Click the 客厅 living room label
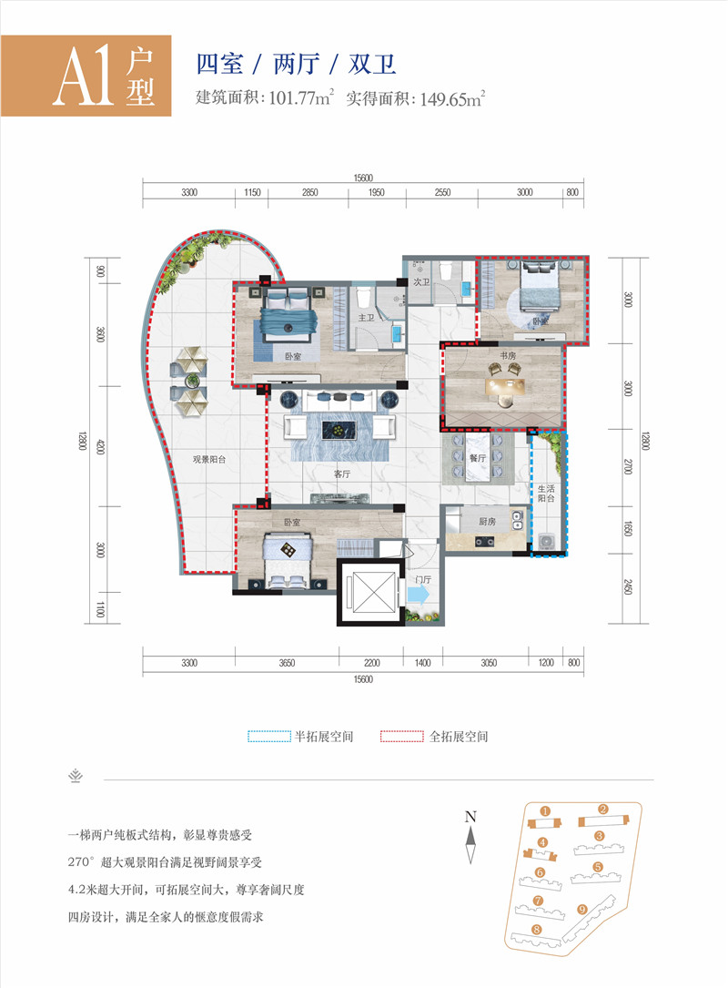[341, 474]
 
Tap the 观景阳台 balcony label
[208, 460]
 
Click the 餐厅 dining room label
[479, 459]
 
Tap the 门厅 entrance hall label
[422, 578]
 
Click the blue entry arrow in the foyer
[420, 594]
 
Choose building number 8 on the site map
[537, 930]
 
